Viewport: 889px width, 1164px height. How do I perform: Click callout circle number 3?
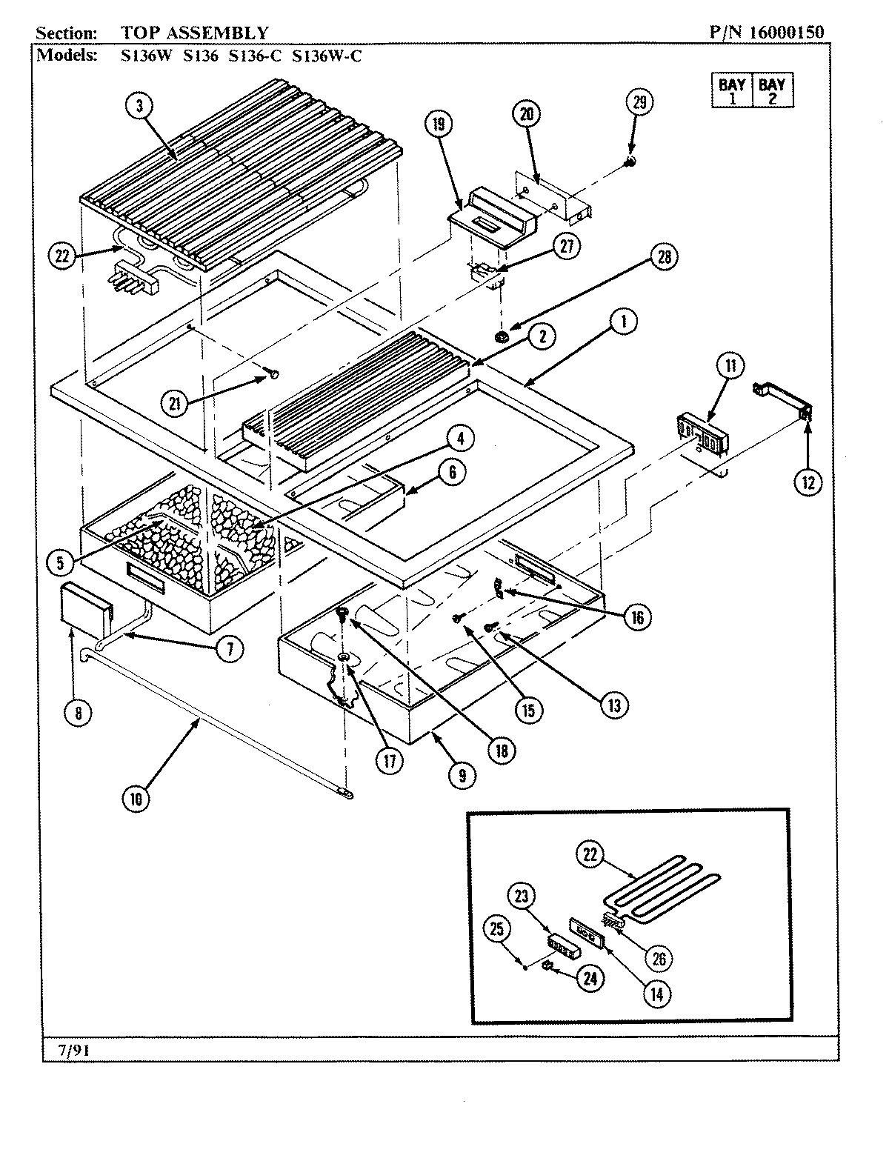pyautogui.click(x=139, y=105)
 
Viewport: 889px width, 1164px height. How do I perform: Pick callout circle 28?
pyautogui.click(x=663, y=256)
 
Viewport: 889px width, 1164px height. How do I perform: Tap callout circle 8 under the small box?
pyautogui.click(x=79, y=713)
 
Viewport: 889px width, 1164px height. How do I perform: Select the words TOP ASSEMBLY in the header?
pyautogui.click(x=196, y=33)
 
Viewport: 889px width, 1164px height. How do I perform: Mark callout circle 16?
pyautogui.click(x=638, y=616)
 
